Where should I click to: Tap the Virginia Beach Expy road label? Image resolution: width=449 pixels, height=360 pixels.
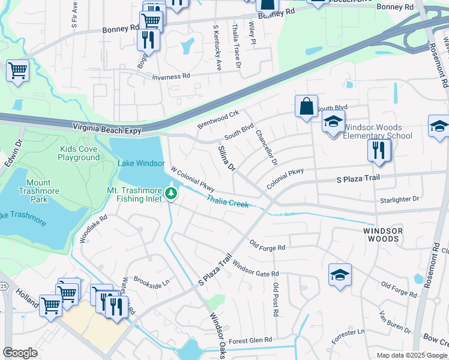(x=110, y=127)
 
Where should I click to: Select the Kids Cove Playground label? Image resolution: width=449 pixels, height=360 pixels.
(x=79, y=153)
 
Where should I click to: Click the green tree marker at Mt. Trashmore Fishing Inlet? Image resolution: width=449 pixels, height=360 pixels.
(x=172, y=193)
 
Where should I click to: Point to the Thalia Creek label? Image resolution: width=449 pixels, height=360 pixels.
(x=228, y=201)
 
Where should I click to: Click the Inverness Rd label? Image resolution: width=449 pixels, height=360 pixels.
(x=170, y=77)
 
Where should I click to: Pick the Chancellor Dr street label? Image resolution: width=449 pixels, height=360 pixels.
(x=267, y=148)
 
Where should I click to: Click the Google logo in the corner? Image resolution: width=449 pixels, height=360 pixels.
(x=20, y=352)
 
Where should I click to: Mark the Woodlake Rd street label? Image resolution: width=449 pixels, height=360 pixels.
(x=93, y=229)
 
